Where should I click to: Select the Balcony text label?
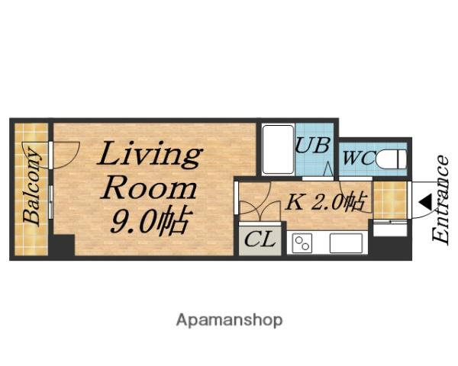(31, 187)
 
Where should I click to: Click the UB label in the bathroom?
(313, 145)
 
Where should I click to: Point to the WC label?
(359, 158)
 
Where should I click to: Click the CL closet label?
(260, 239)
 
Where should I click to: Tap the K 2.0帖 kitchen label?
(326, 201)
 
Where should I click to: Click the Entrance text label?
(440, 200)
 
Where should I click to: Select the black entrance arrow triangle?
(425, 202)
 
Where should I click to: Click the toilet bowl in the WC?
(392, 159)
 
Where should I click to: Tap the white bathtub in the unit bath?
(278, 149)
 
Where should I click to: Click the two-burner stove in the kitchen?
(302, 242)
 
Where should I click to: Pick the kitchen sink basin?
(346, 242)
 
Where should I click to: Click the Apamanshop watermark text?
(229, 320)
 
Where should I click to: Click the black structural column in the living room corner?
(62, 246)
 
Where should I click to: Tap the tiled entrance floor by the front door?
(390, 200)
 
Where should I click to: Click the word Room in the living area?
(150, 189)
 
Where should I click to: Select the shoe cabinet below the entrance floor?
(390, 229)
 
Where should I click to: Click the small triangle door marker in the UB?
(328, 169)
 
